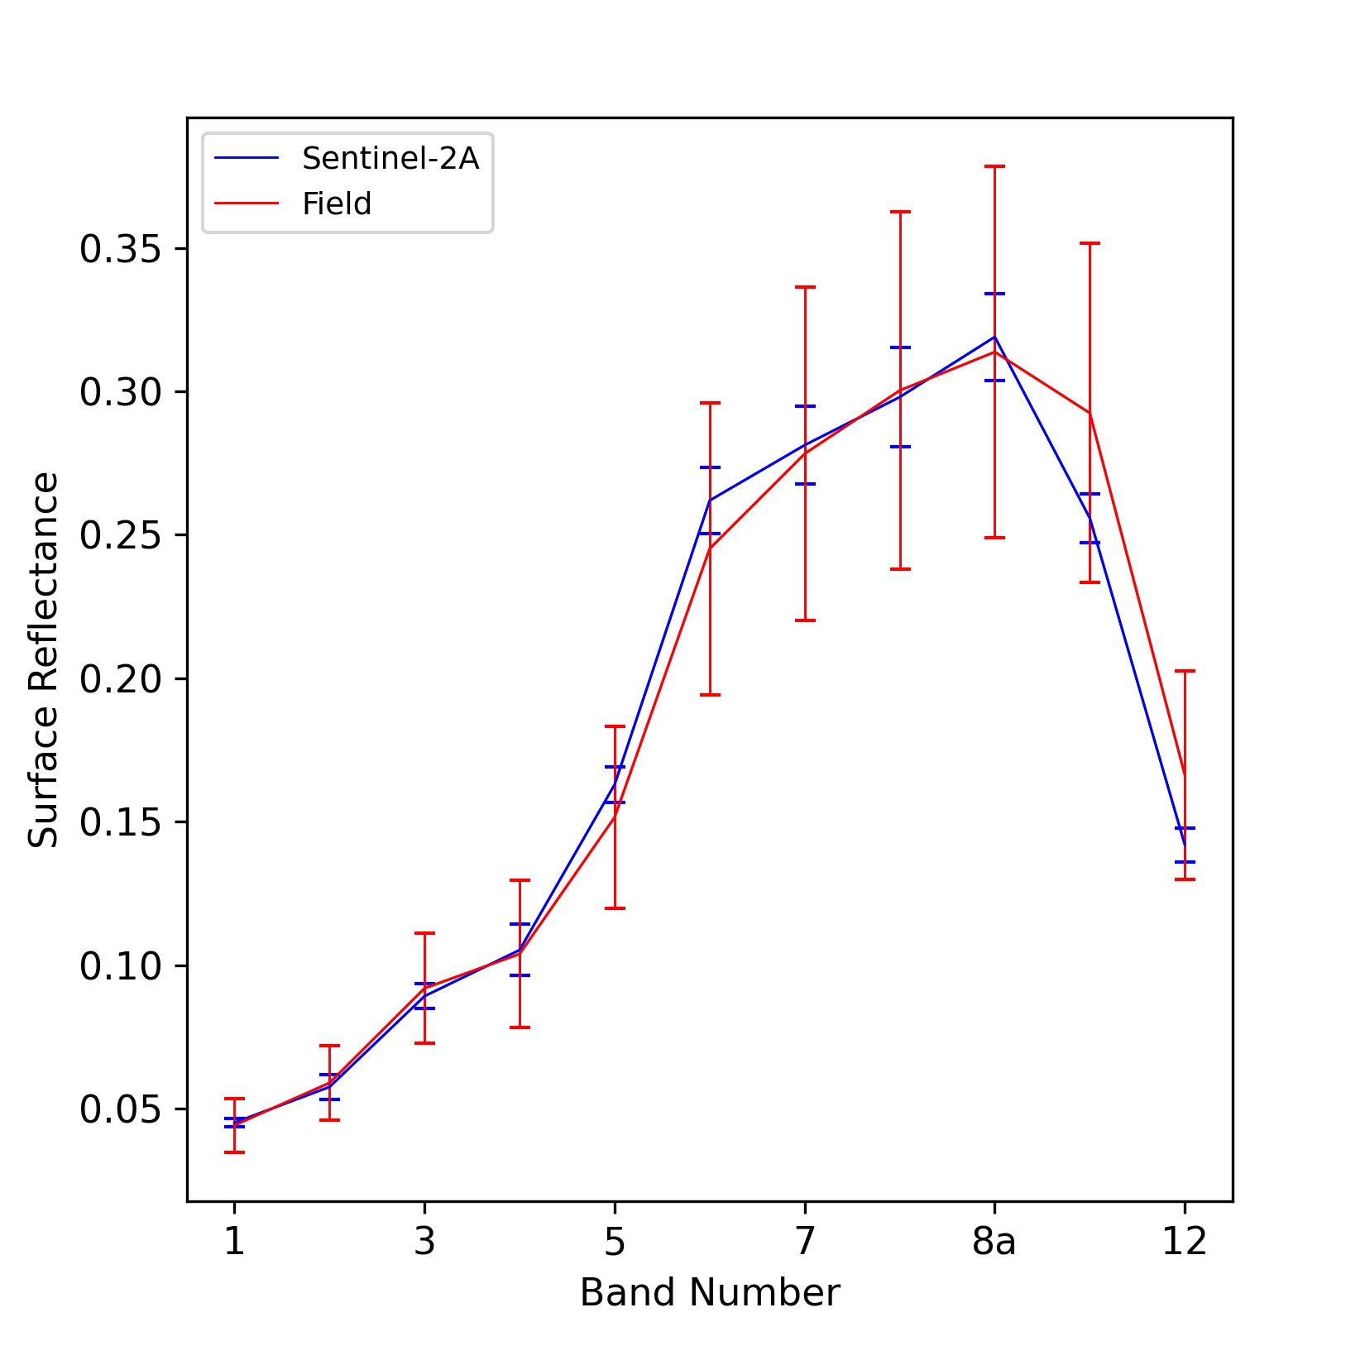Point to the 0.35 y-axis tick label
pyautogui.click(x=121, y=249)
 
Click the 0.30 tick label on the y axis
pyautogui.click(x=121, y=392)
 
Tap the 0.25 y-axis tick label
pyautogui.click(x=121, y=535)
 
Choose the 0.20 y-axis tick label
pyautogui.click(x=121, y=679)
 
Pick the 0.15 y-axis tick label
pyautogui.click(x=121, y=822)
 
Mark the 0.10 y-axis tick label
pyautogui.click(x=121, y=965)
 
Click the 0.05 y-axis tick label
pyautogui.click(x=121, y=1109)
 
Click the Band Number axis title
pyautogui.click(x=710, y=1293)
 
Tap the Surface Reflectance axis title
pyautogui.click(x=44, y=659)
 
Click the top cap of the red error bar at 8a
pyautogui.click(x=994, y=166)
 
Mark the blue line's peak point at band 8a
pyautogui.click(x=994, y=337)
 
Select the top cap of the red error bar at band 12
pyautogui.click(x=1185, y=671)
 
